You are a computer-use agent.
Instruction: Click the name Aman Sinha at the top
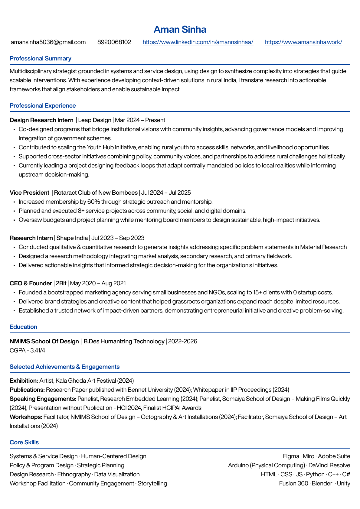(x=180, y=29)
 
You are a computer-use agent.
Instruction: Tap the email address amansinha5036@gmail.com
(x=48, y=42)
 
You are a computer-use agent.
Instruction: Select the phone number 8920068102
(x=114, y=42)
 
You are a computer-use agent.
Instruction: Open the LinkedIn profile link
(x=198, y=42)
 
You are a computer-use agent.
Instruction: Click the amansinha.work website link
(x=303, y=42)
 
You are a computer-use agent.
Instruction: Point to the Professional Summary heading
(x=41, y=58)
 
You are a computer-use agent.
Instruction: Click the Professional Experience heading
(x=43, y=105)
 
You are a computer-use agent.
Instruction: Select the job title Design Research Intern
(x=41, y=120)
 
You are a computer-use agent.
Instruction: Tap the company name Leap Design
(x=95, y=120)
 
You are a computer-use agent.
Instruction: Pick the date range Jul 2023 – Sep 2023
(x=118, y=238)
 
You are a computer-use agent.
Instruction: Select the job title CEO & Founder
(x=31, y=283)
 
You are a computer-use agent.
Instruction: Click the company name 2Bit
(x=61, y=283)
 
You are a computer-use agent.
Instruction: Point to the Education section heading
(x=23, y=327)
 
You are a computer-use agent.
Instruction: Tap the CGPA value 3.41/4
(x=38, y=350)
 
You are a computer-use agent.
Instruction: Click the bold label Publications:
(x=27, y=390)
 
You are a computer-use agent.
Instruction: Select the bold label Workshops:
(x=26, y=417)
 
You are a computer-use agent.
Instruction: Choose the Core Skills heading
(x=24, y=442)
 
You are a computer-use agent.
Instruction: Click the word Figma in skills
(x=291, y=456)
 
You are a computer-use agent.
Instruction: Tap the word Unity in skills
(x=343, y=483)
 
